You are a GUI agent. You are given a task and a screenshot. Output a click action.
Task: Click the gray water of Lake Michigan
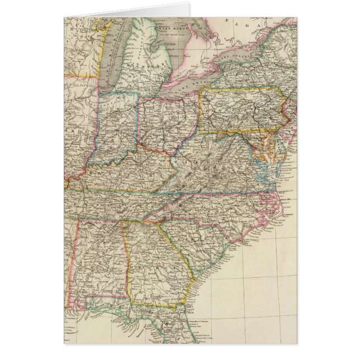(115, 61)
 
